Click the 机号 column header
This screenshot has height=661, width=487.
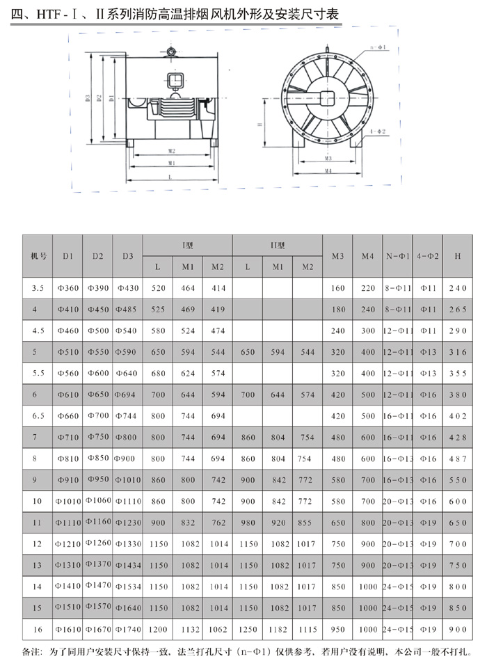(x=39, y=256)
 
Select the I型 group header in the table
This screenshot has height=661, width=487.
(x=187, y=246)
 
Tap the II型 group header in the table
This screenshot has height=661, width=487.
(x=278, y=246)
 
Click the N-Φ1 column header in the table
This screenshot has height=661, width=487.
(x=399, y=256)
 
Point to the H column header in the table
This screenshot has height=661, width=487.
(x=457, y=256)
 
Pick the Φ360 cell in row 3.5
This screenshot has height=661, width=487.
(x=67, y=288)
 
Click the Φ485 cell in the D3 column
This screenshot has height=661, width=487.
(x=127, y=309)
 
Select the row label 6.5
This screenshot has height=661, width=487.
(x=38, y=415)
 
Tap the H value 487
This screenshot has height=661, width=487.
(x=457, y=459)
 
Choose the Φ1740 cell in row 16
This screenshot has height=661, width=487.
(x=127, y=629)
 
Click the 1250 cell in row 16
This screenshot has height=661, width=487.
(x=247, y=629)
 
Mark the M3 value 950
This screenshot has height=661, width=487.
(x=338, y=629)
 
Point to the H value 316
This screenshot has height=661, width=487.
(x=457, y=352)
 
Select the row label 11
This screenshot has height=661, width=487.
(x=38, y=523)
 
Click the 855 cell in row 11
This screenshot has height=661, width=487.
(x=307, y=523)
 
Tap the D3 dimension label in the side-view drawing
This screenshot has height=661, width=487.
(x=89, y=98)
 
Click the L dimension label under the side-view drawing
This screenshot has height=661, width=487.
(x=170, y=177)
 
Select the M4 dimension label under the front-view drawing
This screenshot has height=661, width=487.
(x=328, y=170)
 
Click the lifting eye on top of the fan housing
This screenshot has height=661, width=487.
(x=171, y=51)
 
